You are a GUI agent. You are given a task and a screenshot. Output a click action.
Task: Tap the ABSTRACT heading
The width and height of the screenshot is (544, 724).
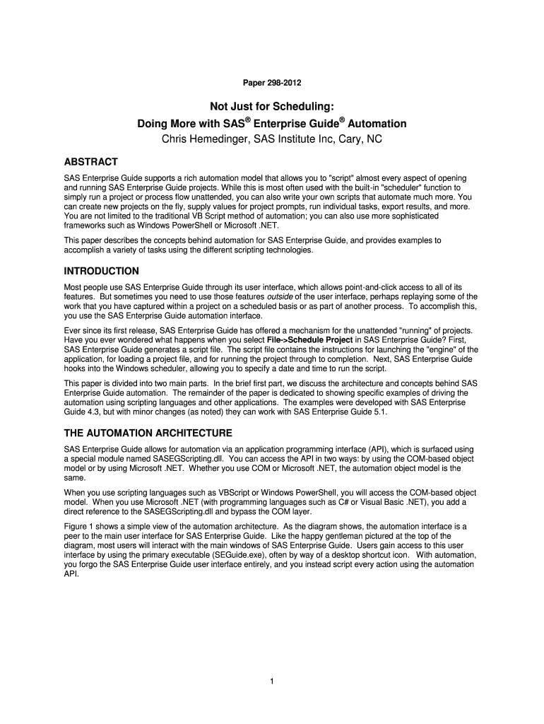91,161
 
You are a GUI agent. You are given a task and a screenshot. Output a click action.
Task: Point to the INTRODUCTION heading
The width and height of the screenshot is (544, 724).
102,271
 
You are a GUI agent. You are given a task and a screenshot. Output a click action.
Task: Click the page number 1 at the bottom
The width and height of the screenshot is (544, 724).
272,682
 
